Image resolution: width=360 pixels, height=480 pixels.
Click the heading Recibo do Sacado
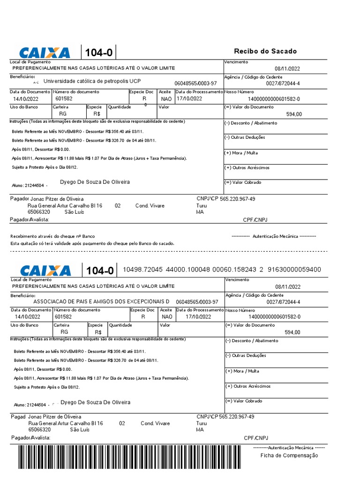click(265, 51)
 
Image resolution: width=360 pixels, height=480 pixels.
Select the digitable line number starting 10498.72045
click(222, 270)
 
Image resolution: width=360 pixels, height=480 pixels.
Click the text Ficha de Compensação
click(289, 455)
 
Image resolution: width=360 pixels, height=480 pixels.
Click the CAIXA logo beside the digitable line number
click(45, 270)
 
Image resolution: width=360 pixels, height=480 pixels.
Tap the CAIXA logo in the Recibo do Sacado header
click(44, 52)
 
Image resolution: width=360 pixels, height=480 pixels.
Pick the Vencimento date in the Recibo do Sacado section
click(287, 68)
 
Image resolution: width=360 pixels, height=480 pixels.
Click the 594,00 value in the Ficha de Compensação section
click(292, 332)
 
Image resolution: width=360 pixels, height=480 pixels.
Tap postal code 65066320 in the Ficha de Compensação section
click(40, 429)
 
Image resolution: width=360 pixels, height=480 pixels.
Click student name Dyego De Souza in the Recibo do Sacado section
click(95, 182)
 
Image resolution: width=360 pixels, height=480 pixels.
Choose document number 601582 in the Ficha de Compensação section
click(63, 316)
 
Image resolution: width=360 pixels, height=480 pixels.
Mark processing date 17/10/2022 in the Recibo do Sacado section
click(189, 99)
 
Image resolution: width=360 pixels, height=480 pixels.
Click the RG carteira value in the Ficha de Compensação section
click(64, 332)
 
